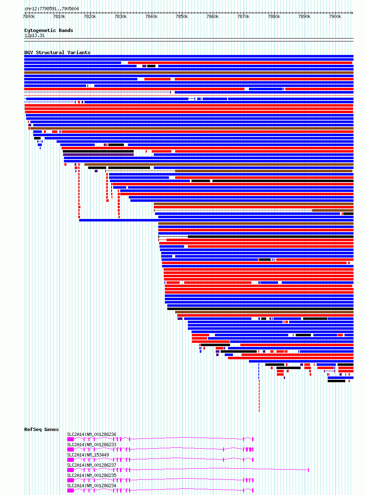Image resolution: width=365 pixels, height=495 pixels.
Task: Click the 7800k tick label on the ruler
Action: click(x=29, y=17)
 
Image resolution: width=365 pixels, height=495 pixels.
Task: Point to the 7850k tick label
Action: click(x=182, y=17)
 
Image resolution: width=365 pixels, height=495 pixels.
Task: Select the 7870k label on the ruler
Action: click(x=243, y=17)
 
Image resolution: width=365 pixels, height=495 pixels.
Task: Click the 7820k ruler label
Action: click(x=90, y=17)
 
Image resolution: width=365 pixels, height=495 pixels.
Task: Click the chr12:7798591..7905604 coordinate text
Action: click(x=52, y=9)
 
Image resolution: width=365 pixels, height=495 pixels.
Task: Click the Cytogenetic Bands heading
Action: click(x=48, y=30)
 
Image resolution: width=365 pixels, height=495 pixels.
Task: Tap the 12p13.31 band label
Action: click(x=34, y=36)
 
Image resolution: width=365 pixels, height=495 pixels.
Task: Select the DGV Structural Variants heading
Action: click(x=57, y=52)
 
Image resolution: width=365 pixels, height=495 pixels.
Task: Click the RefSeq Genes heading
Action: click(x=41, y=429)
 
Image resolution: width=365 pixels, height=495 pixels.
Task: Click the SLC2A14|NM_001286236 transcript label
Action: click(x=91, y=434)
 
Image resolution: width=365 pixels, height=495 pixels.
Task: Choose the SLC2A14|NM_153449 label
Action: click(x=88, y=455)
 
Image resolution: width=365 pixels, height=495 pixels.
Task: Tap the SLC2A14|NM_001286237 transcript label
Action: click(x=91, y=465)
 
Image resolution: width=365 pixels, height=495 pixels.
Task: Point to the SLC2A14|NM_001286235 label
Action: click(x=91, y=475)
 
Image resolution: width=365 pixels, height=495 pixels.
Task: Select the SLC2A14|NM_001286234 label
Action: click(x=91, y=486)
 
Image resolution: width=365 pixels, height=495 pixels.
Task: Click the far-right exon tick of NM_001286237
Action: click(x=308, y=470)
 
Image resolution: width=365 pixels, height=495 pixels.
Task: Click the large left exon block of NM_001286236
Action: click(x=71, y=439)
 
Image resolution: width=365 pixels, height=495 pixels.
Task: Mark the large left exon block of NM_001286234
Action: click(x=71, y=490)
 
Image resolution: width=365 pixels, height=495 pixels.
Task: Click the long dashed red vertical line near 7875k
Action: click(x=259, y=394)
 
